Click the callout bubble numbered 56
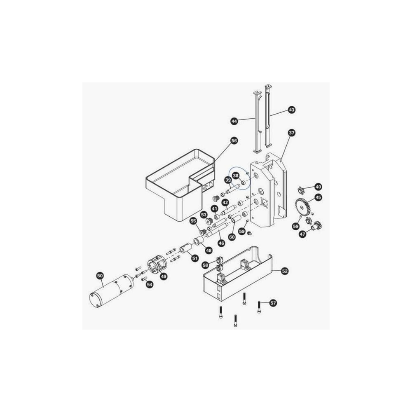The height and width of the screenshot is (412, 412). [234, 141]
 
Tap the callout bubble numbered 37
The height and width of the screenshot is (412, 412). [292, 133]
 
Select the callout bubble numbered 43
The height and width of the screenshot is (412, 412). [292, 110]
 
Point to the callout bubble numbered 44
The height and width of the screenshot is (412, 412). [234, 121]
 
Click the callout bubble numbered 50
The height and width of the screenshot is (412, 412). [100, 275]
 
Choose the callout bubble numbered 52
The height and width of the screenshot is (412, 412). [285, 271]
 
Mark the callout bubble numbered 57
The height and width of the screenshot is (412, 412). [273, 303]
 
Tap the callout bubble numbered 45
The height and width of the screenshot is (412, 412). [318, 197]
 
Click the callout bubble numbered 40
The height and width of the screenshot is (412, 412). [318, 186]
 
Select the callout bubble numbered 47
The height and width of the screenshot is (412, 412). [303, 234]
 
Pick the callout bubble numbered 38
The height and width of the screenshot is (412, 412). [236, 176]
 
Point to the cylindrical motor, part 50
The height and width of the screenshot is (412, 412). [110, 292]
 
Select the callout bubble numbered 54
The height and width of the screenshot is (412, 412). [150, 284]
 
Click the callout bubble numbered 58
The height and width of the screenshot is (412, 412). [205, 265]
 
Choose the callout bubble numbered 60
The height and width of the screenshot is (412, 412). [232, 237]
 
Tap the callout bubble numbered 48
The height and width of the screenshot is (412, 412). [209, 250]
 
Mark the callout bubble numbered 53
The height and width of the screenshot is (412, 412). [204, 215]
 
